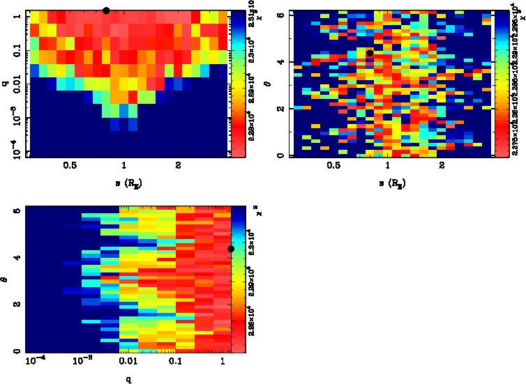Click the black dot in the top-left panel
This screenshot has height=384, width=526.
click(106, 10)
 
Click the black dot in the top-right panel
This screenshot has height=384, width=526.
click(370, 53)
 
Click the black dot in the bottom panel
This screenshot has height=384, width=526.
click(231, 249)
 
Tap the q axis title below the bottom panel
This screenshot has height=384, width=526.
click(128, 380)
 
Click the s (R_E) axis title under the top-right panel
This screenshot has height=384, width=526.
click(391, 183)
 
